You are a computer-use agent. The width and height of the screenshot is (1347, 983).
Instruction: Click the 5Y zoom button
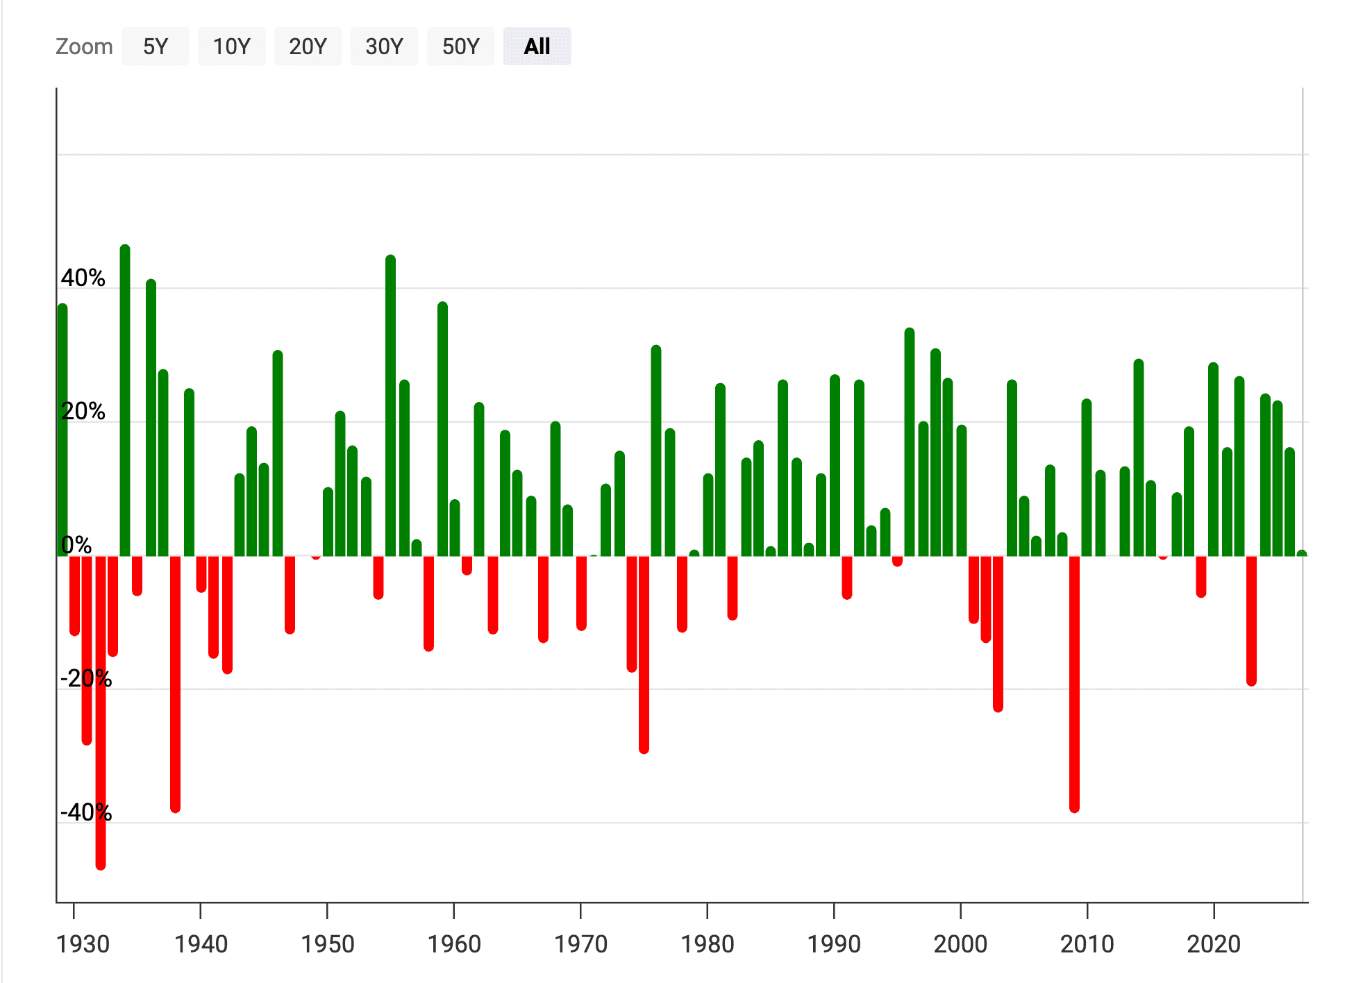coord(155,47)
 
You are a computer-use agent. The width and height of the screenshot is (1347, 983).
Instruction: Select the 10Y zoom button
coord(231,47)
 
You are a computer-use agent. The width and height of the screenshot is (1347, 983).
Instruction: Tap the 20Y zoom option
coord(308,47)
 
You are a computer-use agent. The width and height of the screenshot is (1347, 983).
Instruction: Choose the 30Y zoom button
coord(384,47)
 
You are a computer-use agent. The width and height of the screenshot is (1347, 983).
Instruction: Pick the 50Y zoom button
coord(460,47)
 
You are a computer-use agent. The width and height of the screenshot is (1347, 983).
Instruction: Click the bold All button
coord(537,47)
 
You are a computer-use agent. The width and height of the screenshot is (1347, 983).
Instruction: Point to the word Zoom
coord(84,47)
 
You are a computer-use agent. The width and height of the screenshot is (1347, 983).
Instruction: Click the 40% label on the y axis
coord(83,278)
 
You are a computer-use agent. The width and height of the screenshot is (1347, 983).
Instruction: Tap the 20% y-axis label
coord(83,411)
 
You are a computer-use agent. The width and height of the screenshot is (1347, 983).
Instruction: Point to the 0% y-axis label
coord(76,545)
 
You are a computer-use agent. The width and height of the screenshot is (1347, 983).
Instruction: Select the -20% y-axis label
coord(86,678)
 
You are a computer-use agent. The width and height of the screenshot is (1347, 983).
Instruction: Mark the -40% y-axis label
coord(86,812)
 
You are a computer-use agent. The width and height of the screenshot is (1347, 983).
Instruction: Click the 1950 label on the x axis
coord(327,944)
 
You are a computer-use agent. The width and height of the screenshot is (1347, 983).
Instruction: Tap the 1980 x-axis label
coord(707,944)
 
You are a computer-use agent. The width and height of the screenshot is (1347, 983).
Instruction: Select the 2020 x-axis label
coord(1213,944)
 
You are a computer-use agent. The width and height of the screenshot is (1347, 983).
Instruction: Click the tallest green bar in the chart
coord(125,403)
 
